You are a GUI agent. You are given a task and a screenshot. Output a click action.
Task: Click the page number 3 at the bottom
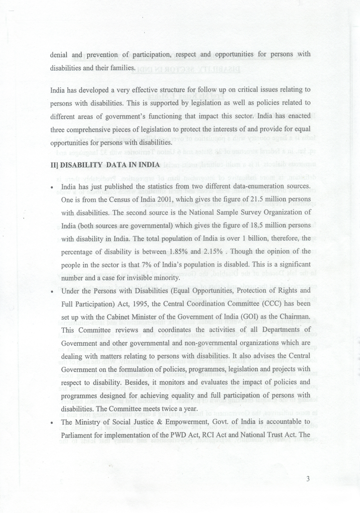pyautogui.click(x=308, y=479)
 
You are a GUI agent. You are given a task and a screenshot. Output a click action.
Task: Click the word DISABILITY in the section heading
pyautogui.click(x=78, y=165)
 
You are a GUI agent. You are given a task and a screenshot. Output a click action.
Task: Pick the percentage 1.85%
pyautogui.click(x=178, y=252)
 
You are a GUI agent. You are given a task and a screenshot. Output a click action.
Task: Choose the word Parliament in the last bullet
pyautogui.click(x=76, y=435)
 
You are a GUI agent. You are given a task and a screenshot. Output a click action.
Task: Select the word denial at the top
pyautogui.click(x=59, y=55)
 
